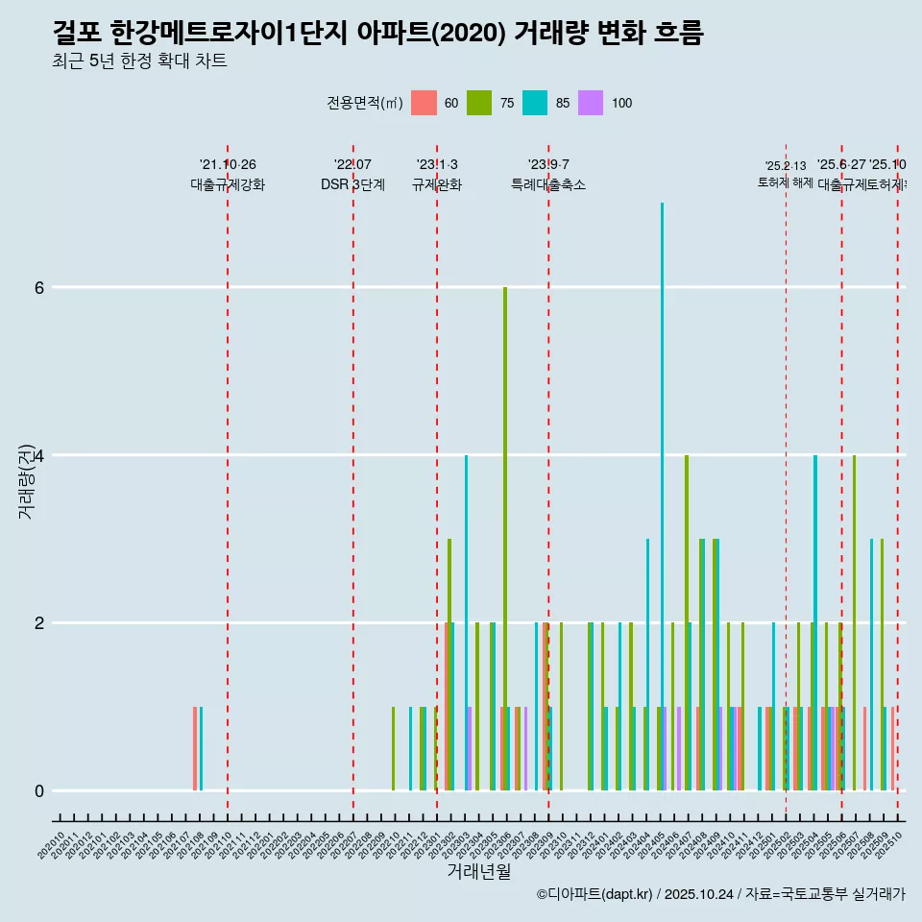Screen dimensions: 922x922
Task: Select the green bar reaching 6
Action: pos(505,538)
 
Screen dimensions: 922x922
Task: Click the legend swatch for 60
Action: pos(424,103)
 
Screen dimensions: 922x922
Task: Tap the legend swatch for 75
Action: pos(479,103)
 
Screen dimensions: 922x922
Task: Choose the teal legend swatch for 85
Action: pos(535,103)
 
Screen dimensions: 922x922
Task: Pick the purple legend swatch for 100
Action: pos(591,103)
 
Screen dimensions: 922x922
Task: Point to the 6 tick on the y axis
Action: pos(39,287)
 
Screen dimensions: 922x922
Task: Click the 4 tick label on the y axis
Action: pos(39,455)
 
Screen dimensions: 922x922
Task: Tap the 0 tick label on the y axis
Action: pos(39,790)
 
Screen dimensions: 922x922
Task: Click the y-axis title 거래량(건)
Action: pos(26,480)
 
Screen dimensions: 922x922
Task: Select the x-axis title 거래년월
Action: pos(478,871)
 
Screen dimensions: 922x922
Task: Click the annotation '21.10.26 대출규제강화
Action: pos(228,175)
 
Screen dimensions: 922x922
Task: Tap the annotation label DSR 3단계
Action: pos(352,184)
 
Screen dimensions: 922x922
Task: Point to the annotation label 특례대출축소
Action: pos(548,184)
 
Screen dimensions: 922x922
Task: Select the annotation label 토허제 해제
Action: pos(785,182)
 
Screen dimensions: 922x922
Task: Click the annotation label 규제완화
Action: pos(437,184)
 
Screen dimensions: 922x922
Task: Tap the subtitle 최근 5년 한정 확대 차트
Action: pos(140,62)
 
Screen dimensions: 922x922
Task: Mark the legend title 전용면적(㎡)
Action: pos(365,103)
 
